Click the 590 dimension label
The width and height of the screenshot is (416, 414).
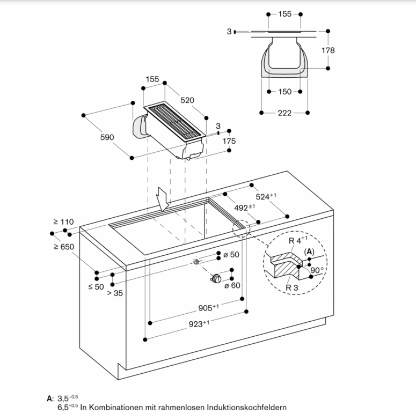pos(107,137)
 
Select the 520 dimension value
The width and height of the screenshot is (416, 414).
pos(187,100)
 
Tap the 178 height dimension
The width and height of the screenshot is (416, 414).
pos(328,50)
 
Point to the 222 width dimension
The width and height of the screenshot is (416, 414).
pos(284,113)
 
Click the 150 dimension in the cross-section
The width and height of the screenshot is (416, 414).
pos(285,92)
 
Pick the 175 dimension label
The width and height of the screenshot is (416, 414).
pos(229,142)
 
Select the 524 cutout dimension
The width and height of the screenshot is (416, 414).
pos(266,197)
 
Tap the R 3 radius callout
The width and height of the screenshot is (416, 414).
pos(292,288)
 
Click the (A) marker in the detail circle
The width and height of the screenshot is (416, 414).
pos(309,252)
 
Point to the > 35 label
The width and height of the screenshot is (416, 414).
pos(115,293)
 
